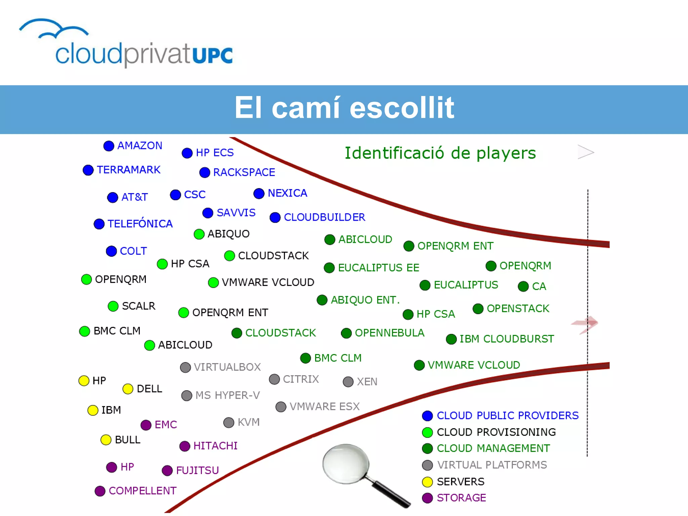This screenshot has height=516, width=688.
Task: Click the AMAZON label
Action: (x=139, y=145)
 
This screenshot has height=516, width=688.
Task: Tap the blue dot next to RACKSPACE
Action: (x=205, y=173)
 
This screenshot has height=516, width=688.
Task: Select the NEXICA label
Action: (x=287, y=193)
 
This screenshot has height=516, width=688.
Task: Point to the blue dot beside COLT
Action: (x=111, y=251)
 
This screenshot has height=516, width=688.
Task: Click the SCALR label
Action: (x=138, y=306)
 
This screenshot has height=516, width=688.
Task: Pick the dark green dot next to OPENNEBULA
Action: (x=346, y=333)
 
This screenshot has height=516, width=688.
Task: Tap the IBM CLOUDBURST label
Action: (x=507, y=339)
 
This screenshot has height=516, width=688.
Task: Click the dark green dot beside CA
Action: (x=523, y=287)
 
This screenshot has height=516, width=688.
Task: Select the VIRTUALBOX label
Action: (x=227, y=367)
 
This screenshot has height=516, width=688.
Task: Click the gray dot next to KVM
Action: (x=229, y=423)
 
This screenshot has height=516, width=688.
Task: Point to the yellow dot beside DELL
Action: (x=128, y=389)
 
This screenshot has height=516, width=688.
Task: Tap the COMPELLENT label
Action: (x=142, y=491)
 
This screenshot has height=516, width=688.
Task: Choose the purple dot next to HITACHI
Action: (x=185, y=446)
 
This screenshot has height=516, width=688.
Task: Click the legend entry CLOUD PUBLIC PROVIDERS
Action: (x=507, y=416)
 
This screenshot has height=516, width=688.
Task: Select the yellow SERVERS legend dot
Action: (x=427, y=482)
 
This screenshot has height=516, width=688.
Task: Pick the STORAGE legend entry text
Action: (x=461, y=498)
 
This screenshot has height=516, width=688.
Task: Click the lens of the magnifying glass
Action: (x=345, y=464)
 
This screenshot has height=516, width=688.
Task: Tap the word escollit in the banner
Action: (x=402, y=108)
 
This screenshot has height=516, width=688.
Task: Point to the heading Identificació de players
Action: (x=440, y=153)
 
